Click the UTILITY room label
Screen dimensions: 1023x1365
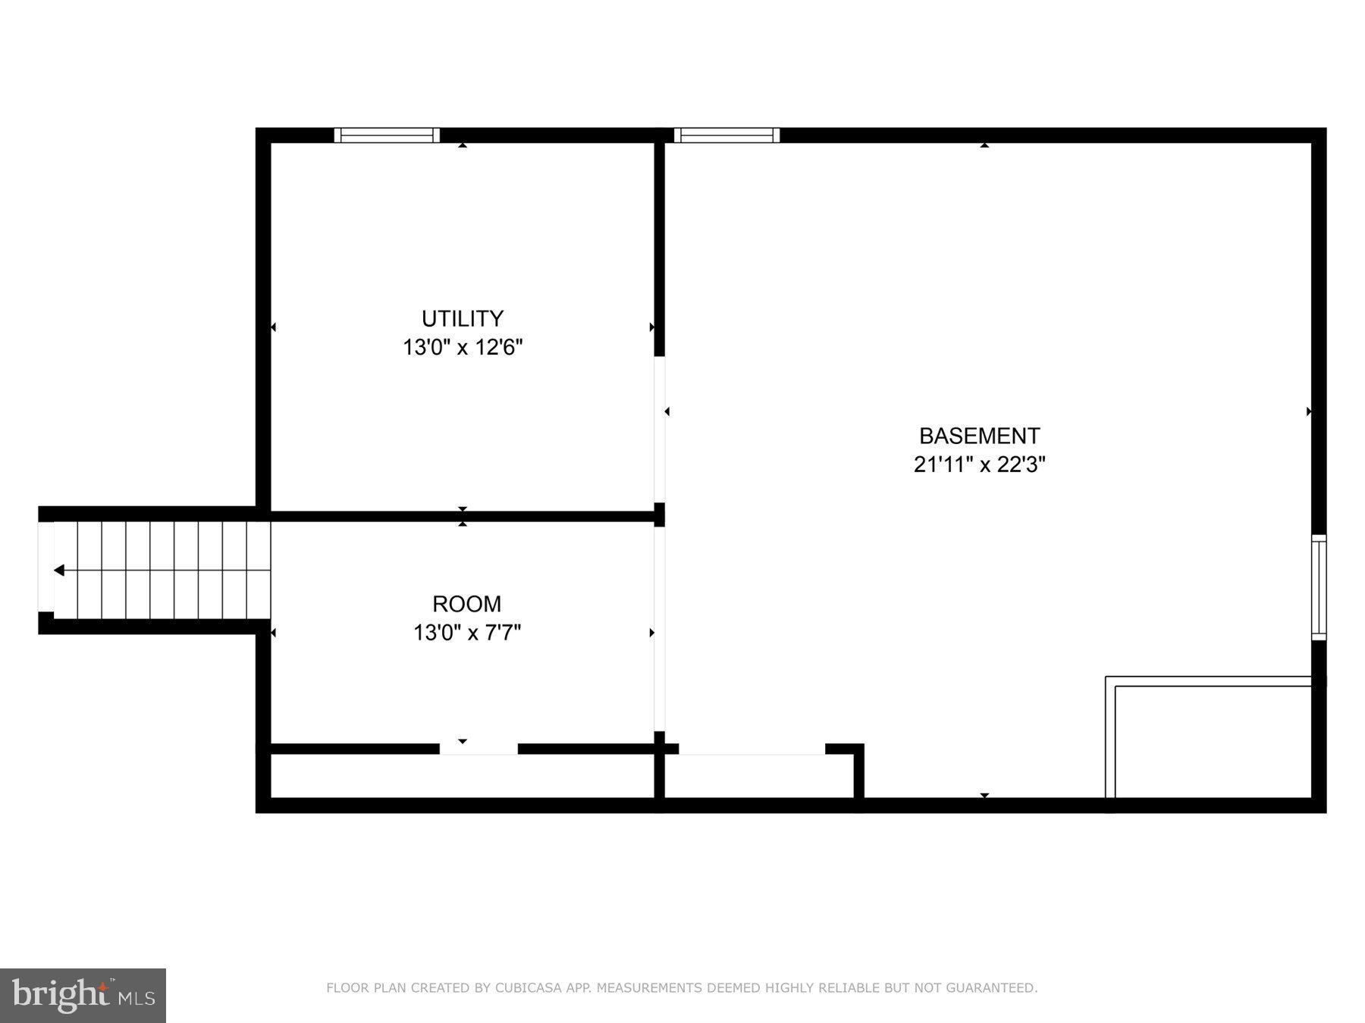click(463, 318)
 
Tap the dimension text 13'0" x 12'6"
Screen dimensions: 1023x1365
click(463, 347)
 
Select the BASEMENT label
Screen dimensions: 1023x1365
click(979, 436)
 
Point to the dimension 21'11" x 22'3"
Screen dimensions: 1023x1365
click(979, 464)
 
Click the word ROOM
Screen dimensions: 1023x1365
click(466, 604)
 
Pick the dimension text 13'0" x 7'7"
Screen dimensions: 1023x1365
click(466, 632)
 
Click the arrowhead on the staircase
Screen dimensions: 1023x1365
click(59, 570)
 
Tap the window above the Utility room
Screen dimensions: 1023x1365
click(387, 136)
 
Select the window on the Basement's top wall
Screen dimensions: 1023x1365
click(726, 136)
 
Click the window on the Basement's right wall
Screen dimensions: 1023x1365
click(1319, 587)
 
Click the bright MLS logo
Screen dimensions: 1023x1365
click(83, 995)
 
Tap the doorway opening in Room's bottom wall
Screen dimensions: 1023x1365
click(479, 749)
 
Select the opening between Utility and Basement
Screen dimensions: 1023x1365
click(660, 429)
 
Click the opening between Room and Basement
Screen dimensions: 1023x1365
click(660, 629)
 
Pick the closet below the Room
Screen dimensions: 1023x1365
click(463, 776)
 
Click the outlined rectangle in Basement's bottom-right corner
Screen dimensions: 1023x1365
click(1212, 741)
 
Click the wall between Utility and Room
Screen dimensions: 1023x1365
click(463, 517)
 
